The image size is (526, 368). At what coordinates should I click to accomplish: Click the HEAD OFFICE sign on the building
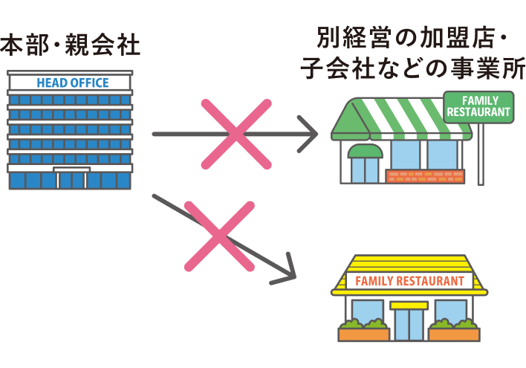(x=72, y=83)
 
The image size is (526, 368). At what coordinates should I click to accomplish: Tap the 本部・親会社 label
(x=71, y=46)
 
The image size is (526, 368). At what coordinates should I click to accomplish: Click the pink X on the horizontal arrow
(x=236, y=135)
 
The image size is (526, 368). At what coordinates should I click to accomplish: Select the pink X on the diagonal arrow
(x=219, y=236)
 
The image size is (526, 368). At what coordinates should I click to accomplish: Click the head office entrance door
(x=71, y=179)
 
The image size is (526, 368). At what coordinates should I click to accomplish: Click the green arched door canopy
(x=366, y=151)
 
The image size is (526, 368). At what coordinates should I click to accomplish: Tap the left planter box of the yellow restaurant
(x=365, y=333)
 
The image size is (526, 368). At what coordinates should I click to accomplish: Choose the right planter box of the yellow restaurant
(x=454, y=333)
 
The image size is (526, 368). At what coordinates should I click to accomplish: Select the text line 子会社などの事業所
(x=413, y=68)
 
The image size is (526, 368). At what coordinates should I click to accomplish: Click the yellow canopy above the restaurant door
(x=409, y=305)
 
